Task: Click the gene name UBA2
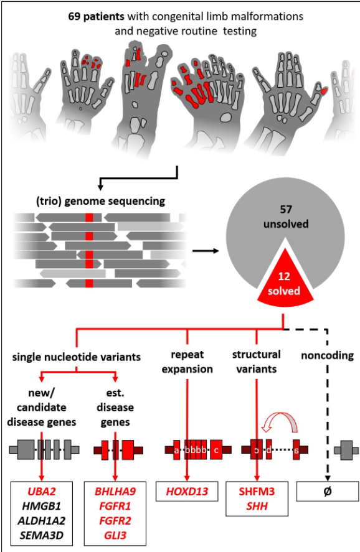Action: [41, 490]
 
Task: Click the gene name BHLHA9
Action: [115, 490]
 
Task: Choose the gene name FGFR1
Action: [115, 504]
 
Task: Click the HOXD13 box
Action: [187, 491]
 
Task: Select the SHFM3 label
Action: [257, 490]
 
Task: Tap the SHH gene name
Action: [257, 504]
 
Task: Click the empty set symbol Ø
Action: [328, 491]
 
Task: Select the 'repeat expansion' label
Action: [187, 362]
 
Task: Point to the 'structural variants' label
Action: [257, 362]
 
